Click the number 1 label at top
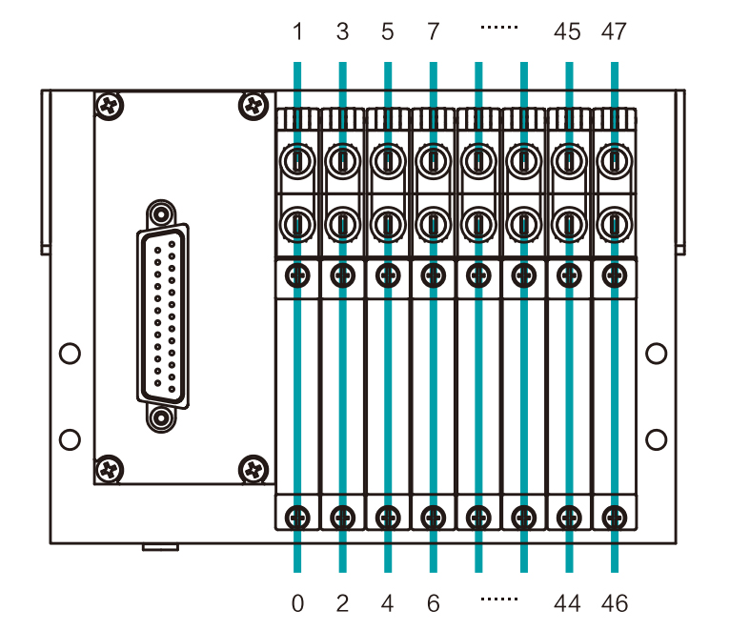click(x=298, y=32)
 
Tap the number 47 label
click(x=615, y=32)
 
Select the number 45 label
click(x=568, y=32)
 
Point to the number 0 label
click(x=298, y=602)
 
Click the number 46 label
click(x=615, y=602)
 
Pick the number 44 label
click(x=568, y=602)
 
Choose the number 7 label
click(x=434, y=32)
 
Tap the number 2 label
click(x=343, y=602)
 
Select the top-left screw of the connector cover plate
click(x=111, y=104)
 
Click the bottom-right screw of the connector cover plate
click(x=253, y=468)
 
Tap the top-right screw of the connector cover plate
click(x=253, y=104)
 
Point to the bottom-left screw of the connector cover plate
click(x=111, y=468)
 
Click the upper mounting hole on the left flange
click(x=69, y=354)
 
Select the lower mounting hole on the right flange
click(x=656, y=439)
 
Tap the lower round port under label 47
click(x=615, y=226)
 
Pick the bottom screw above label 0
click(x=297, y=517)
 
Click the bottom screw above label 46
click(x=615, y=517)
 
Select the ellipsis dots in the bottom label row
click(x=499, y=600)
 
